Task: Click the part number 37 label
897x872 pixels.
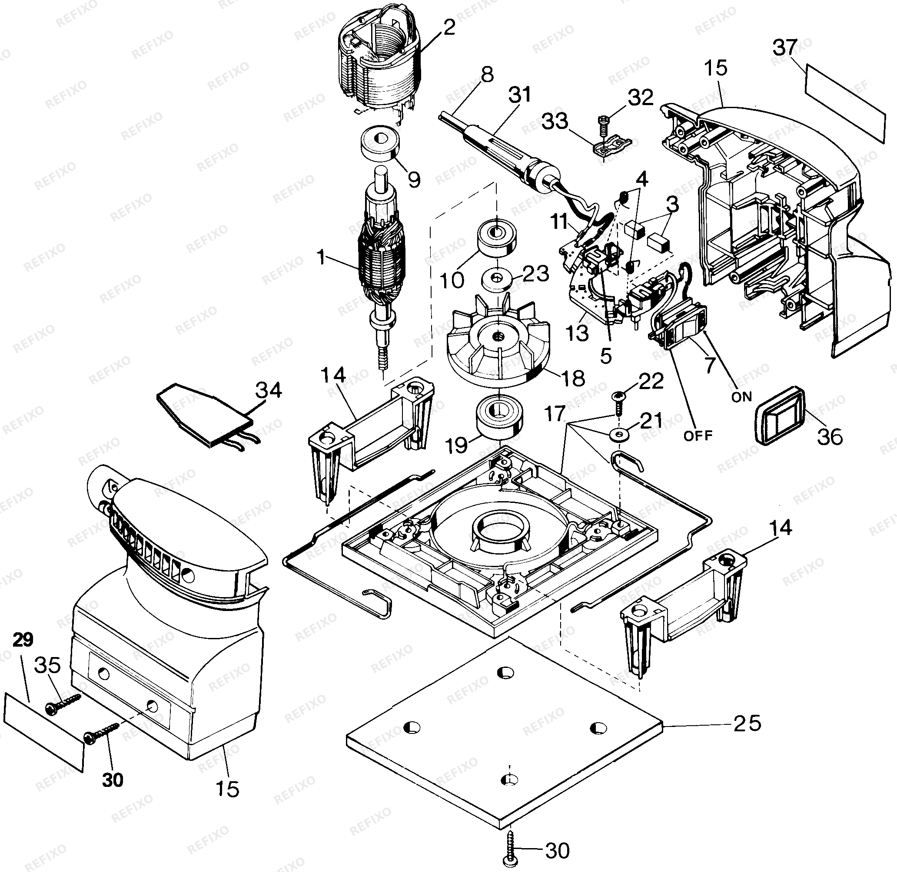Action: (785, 47)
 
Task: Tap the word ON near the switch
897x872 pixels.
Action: (741, 396)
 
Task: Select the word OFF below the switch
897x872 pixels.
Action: (698, 436)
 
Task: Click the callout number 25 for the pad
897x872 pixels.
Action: (747, 723)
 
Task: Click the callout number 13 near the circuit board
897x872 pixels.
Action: (577, 333)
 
